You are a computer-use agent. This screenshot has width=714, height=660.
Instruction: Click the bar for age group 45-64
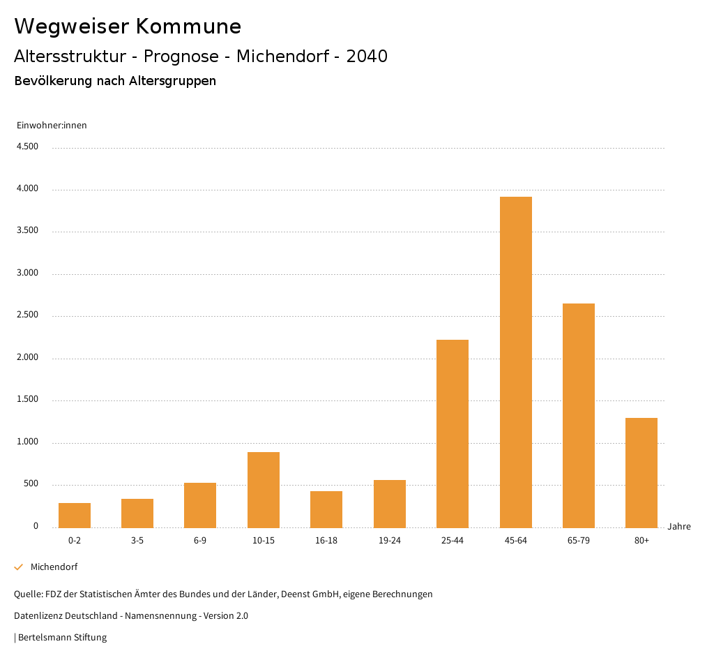(x=515, y=362)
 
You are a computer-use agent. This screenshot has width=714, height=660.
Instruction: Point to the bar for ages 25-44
(x=453, y=433)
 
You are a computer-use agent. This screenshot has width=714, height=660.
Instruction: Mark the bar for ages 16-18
(x=326, y=509)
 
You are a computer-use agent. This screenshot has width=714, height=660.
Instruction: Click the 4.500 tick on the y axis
(x=27, y=147)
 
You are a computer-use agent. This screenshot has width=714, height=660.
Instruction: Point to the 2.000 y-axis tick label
(x=27, y=358)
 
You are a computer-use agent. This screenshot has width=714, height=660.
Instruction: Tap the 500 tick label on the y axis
(x=31, y=484)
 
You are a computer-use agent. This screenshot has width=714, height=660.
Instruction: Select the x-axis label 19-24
(x=390, y=541)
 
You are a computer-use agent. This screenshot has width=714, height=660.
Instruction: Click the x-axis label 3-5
(x=137, y=541)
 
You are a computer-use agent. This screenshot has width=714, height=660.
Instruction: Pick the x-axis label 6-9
(x=200, y=541)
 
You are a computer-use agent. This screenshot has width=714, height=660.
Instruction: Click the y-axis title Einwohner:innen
(x=52, y=126)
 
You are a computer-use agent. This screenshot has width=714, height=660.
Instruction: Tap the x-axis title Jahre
(x=678, y=527)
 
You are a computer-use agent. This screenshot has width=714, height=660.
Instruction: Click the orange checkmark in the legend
(x=19, y=567)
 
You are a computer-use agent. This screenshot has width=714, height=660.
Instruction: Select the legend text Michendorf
(x=54, y=567)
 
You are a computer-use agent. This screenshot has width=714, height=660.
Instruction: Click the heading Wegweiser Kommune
(x=128, y=27)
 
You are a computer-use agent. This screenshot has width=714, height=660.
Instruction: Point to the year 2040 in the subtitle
(x=367, y=57)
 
